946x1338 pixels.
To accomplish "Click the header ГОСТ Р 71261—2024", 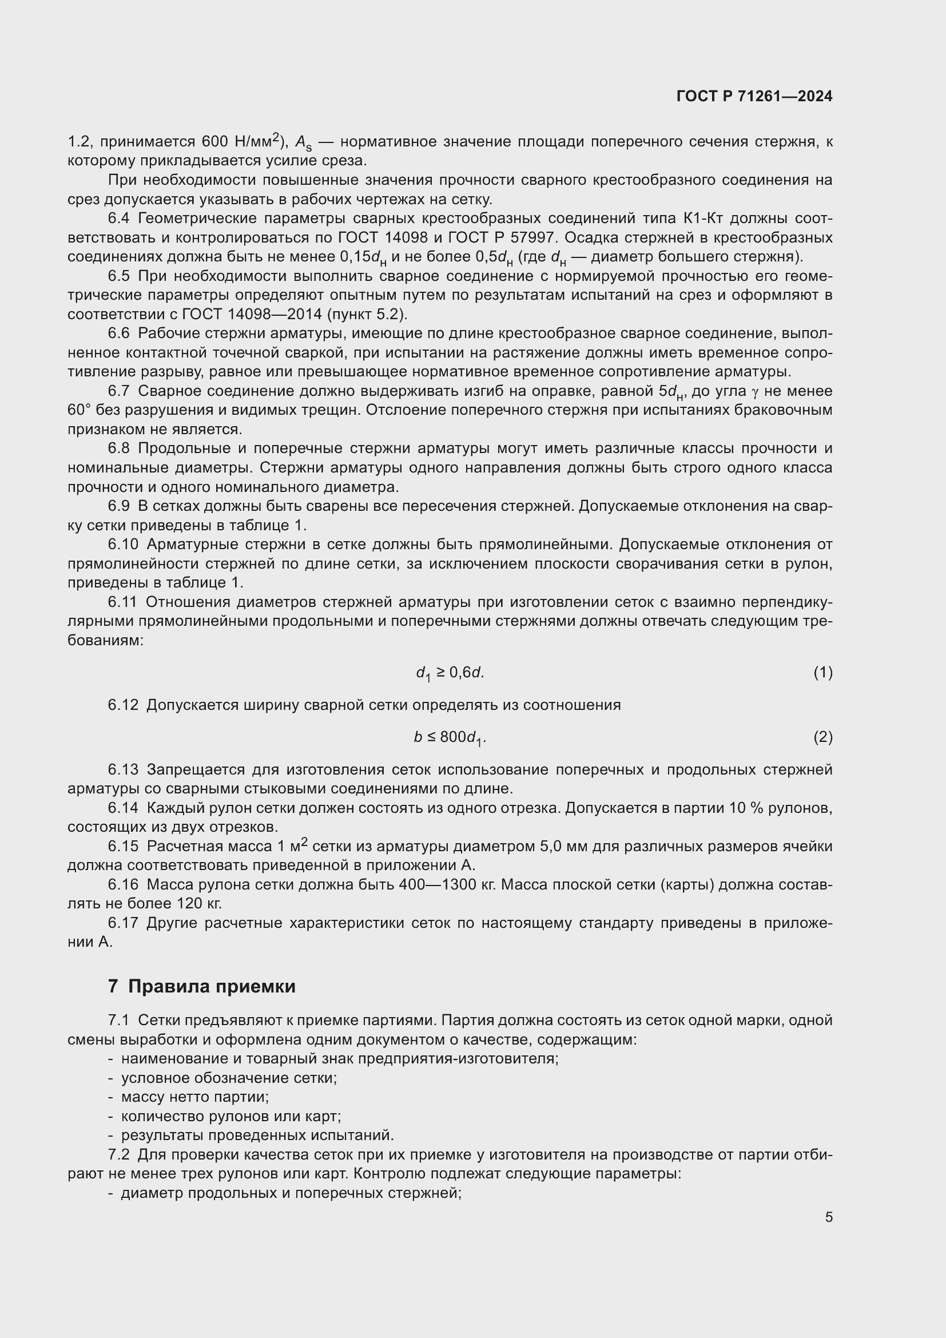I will [754, 96].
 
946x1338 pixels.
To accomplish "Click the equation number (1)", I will [822, 673].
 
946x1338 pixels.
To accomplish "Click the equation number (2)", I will [822, 737].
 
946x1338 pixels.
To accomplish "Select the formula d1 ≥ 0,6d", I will [449, 673].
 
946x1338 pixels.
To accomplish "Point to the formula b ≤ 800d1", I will [449, 738].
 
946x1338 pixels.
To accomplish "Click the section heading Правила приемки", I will [212, 986].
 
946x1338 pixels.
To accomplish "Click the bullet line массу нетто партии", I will [194, 1097].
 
